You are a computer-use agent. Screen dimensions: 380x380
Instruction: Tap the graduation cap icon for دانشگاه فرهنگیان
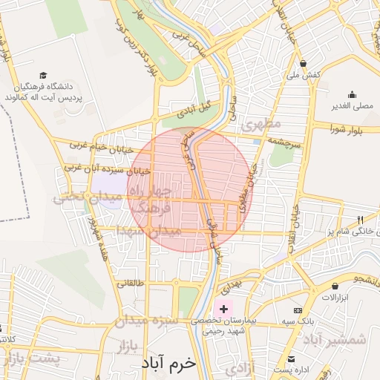(43, 76)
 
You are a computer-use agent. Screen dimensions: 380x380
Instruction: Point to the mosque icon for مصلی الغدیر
(353, 95)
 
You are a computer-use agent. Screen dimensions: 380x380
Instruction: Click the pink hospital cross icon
(223, 307)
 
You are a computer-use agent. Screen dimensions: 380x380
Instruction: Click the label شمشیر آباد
(345, 339)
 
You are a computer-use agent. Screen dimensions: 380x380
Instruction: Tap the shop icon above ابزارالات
(335, 286)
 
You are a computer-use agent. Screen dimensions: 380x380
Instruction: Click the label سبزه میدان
(149, 321)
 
